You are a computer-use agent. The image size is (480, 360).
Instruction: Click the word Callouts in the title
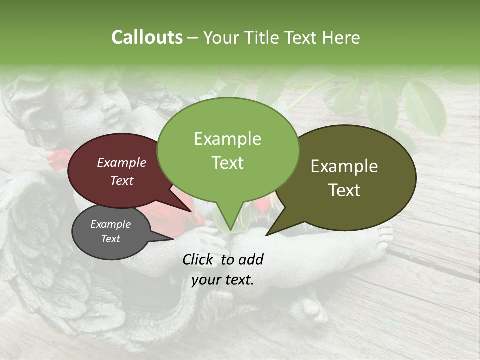[147, 37]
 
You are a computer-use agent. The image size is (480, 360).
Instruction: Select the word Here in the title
[341, 38]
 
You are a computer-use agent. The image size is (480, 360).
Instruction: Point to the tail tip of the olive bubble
[267, 234]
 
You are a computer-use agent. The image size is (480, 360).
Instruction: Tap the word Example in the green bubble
[227, 139]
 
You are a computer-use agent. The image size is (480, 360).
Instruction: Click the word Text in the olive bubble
[345, 190]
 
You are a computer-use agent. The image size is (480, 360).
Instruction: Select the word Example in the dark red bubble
[122, 162]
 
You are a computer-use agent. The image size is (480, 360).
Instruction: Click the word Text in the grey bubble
[111, 239]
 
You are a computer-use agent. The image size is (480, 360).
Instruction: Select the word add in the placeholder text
[251, 259]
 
